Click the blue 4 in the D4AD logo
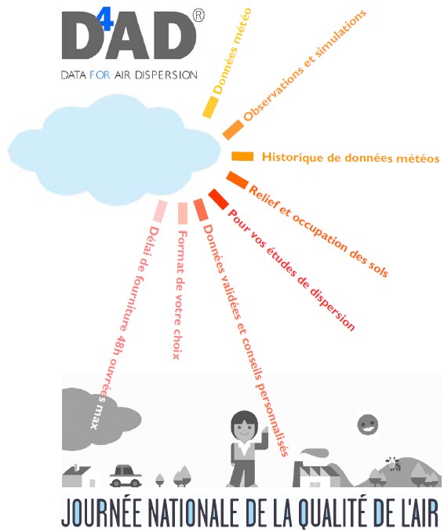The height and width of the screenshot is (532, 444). pyautogui.click(x=105, y=21)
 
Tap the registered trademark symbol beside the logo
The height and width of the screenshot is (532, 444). pyautogui.click(x=198, y=16)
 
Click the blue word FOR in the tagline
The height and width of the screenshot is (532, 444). pyautogui.click(x=100, y=75)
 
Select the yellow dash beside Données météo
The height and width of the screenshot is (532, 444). pyautogui.click(x=210, y=107)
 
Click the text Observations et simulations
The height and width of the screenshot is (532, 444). pyautogui.click(x=304, y=65)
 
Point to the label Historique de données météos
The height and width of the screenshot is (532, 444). pyautogui.click(x=351, y=158)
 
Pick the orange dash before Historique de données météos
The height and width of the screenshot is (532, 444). pyautogui.click(x=242, y=156)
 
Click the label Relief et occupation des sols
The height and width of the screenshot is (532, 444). pyautogui.click(x=318, y=231)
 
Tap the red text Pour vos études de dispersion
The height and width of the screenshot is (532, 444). pyautogui.click(x=291, y=270)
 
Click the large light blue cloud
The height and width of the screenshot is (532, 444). pyautogui.click(x=115, y=151)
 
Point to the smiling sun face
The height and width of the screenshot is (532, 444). pyautogui.click(x=368, y=425)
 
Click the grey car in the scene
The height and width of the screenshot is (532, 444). pyautogui.click(x=126, y=476)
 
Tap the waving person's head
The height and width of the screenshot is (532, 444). pyautogui.click(x=243, y=427)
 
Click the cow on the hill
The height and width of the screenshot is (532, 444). pyautogui.click(x=394, y=463)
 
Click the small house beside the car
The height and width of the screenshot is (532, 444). pyautogui.click(x=79, y=476)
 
